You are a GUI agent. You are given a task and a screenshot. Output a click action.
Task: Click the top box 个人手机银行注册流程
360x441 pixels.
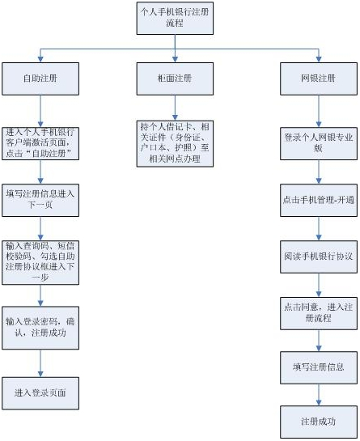click(175, 19)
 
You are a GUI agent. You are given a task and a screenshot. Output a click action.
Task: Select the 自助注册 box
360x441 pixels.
click(40, 78)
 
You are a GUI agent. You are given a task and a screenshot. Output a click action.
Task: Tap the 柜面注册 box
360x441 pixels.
click(175, 78)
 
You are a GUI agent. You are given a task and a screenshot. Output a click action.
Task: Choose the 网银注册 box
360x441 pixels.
click(319, 78)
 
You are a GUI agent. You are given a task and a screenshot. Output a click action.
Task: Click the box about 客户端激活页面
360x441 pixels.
click(40, 143)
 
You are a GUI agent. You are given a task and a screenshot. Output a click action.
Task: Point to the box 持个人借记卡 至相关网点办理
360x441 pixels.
click(175, 144)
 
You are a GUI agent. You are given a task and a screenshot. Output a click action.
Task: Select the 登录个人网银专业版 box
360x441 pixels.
click(319, 143)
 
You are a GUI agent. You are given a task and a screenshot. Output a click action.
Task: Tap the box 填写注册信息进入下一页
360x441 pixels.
click(40, 200)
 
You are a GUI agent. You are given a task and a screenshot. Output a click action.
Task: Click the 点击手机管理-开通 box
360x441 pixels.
click(319, 200)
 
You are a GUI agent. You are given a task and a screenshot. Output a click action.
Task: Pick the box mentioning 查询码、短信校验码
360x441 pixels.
click(40, 262)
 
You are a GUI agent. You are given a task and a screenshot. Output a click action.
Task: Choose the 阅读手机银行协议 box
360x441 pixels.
click(319, 257)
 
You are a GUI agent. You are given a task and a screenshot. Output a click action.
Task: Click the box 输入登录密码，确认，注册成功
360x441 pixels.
click(40, 328)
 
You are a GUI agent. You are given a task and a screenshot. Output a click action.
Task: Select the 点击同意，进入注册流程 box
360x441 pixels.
click(319, 313)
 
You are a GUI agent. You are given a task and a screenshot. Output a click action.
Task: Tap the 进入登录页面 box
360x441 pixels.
click(40, 393)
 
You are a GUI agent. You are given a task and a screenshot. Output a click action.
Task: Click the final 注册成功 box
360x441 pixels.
click(319, 422)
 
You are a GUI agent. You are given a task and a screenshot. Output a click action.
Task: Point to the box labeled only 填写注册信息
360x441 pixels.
click(319, 367)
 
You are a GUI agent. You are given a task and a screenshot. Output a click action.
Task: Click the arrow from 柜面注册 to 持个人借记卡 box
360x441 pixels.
click(175, 108)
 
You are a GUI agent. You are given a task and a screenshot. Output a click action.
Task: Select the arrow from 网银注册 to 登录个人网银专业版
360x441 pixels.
click(319, 111)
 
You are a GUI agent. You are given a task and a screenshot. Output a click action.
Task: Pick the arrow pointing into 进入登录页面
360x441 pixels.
click(40, 363)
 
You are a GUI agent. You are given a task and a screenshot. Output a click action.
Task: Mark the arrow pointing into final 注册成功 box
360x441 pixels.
click(319, 395)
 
